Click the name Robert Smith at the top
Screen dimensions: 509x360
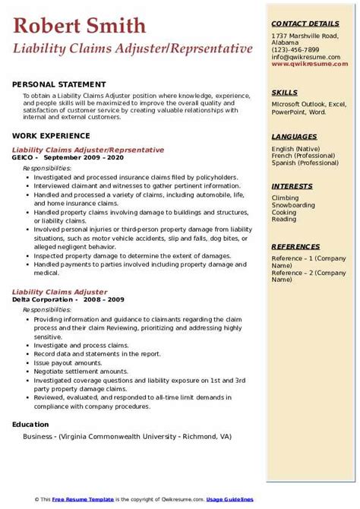(x=80, y=26)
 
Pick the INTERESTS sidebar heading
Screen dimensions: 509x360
(x=292, y=186)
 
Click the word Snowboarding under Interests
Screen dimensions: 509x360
(x=293, y=206)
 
